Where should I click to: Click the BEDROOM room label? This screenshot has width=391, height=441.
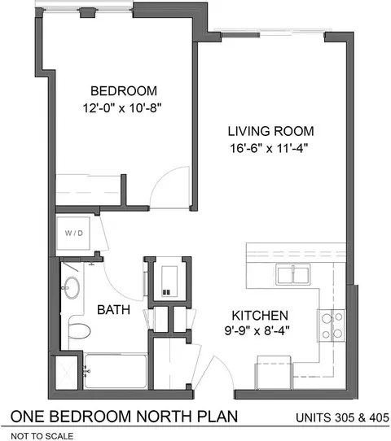click(x=124, y=91)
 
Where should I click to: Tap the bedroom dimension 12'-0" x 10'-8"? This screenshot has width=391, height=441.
click(x=122, y=107)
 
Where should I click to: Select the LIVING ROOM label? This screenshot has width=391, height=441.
click(x=270, y=131)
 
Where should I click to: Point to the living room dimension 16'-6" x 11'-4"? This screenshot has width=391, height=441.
click(x=269, y=148)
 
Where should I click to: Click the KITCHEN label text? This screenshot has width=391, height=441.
click(x=260, y=315)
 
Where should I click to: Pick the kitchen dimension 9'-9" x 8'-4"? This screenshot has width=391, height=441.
click(x=257, y=330)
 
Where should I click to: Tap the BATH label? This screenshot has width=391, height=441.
click(x=113, y=310)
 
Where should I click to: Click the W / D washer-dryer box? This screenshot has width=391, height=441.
click(x=73, y=233)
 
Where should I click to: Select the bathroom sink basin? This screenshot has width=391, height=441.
click(x=72, y=287)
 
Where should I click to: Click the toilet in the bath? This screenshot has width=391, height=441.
click(x=79, y=331)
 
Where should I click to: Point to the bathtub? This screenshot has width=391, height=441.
click(x=116, y=371)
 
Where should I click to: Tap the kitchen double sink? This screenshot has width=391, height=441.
click(x=292, y=274)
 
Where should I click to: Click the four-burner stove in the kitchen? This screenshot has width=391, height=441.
click(x=331, y=325)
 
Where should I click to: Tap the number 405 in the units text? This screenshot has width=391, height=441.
click(x=379, y=417)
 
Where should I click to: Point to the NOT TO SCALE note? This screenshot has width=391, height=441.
click(x=42, y=436)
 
